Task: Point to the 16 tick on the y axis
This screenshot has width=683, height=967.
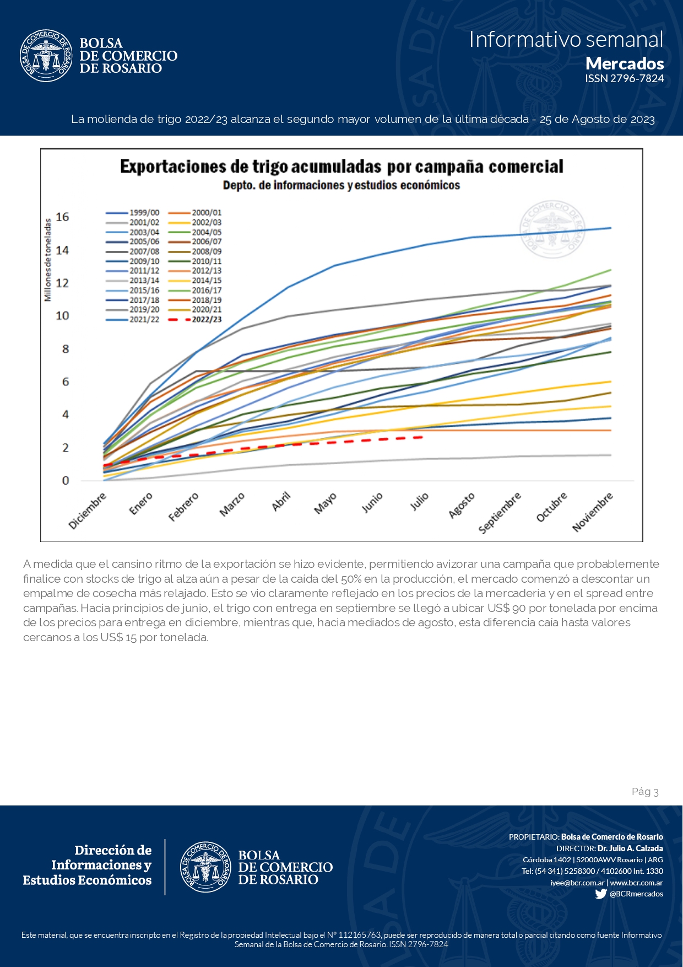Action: click(62, 217)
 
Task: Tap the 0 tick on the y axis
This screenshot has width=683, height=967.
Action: click(66, 481)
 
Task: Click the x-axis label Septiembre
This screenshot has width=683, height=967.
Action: click(500, 513)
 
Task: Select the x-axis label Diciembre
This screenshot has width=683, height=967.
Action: click(87, 511)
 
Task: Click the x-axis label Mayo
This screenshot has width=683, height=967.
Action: click(325, 504)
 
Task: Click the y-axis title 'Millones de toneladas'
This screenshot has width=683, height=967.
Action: click(48, 260)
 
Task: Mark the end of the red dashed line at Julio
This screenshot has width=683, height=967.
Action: click(421, 437)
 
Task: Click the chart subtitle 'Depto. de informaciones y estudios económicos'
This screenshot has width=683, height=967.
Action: click(341, 185)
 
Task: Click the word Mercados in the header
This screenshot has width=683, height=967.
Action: click(625, 63)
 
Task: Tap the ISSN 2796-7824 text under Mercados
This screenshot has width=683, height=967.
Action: click(625, 79)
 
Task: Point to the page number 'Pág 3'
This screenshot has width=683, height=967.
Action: click(645, 792)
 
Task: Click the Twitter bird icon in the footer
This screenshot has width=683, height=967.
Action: click(600, 894)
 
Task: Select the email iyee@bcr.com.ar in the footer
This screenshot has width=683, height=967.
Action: click(577, 883)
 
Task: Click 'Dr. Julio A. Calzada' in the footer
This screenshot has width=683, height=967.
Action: click(630, 848)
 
